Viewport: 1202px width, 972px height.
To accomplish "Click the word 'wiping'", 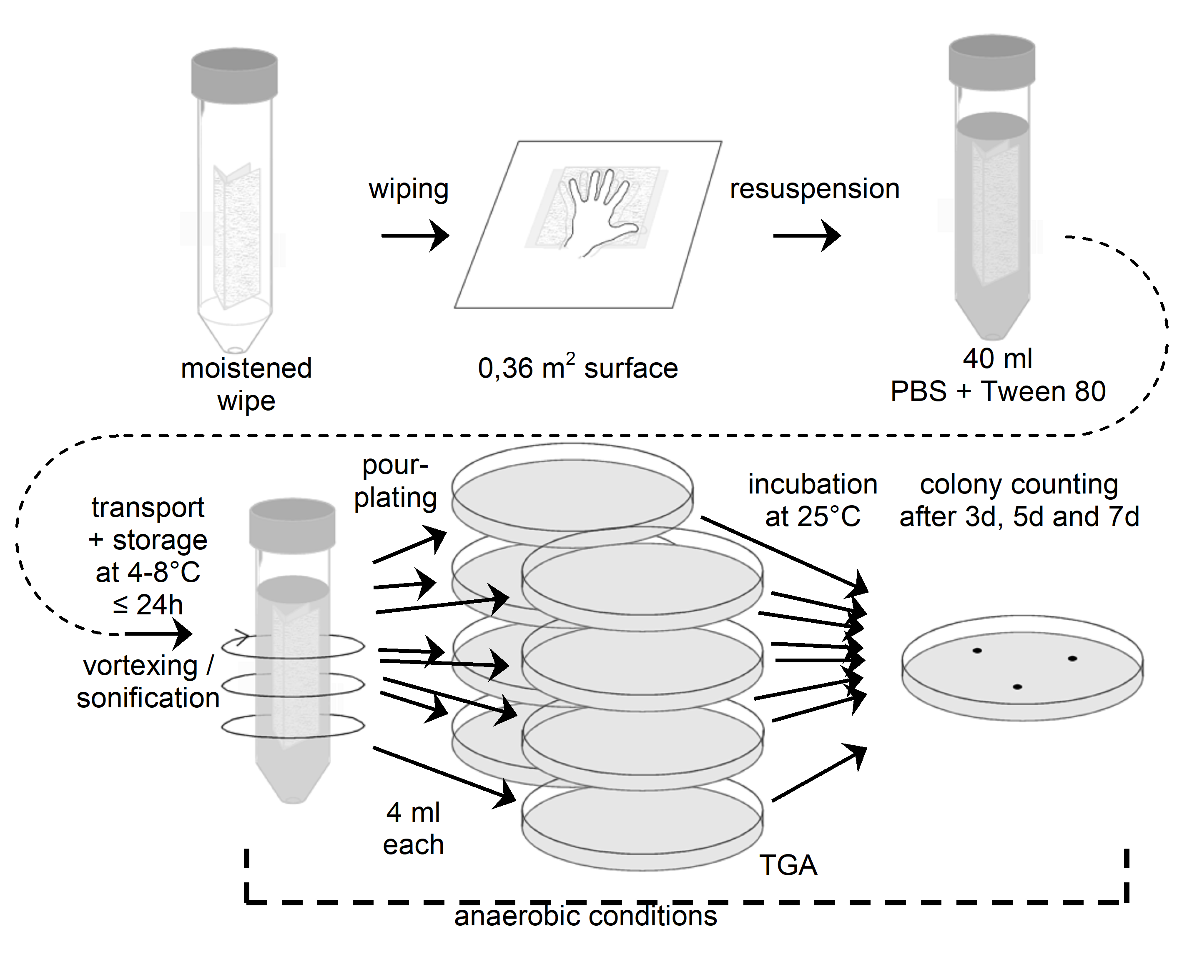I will click(408, 190).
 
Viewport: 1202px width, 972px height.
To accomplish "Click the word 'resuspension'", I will click(814, 189).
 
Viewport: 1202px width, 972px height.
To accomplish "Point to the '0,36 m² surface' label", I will click(577, 368).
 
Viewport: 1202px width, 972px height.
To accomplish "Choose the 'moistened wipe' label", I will click(246, 384).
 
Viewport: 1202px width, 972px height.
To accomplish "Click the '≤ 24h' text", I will click(148, 605).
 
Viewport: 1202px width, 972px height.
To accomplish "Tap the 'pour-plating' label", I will click(395, 481).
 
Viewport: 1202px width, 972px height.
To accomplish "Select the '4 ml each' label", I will click(413, 828).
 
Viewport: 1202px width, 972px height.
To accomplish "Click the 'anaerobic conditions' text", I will click(585, 917).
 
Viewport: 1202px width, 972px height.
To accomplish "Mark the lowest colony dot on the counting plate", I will click(1018, 687).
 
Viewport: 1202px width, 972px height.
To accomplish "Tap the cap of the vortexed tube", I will click(292, 524).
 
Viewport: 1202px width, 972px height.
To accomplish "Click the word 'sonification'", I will click(148, 698).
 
